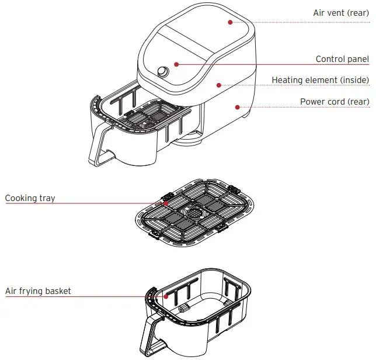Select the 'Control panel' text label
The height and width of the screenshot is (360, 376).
(x=342, y=59)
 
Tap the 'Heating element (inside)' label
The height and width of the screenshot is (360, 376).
(x=321, y=80)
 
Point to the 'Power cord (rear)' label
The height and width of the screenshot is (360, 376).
(x=335, y=102)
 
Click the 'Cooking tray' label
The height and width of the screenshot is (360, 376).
(x=30, y=198)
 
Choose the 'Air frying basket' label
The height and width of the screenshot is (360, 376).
(x=38, y=290)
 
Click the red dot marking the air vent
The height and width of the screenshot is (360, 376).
(x=230, y=22)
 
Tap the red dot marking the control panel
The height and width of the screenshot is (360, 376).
(x=176, y=64)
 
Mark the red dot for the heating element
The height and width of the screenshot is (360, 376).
(x=219, y=85)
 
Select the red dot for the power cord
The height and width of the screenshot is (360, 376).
(x=237, y=107)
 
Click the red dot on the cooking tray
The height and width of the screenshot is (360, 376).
(x=166, y=203)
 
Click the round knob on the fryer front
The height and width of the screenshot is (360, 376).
(x=163, y=72)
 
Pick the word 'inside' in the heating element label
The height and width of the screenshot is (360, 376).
(x=353, y=80)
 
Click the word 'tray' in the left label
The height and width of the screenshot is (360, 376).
(x=47, y=198)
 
